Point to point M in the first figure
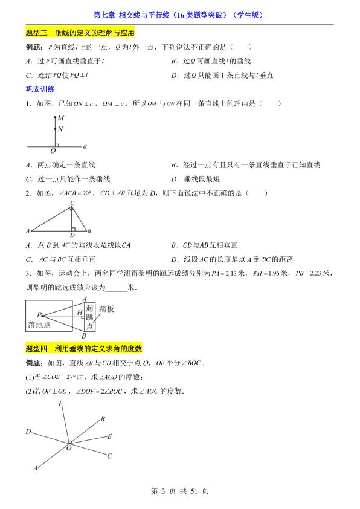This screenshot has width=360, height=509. [60, 119]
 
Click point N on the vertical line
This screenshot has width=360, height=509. [60, 128]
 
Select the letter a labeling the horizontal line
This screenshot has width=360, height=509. [85, 146]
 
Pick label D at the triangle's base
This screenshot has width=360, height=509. [72, 235]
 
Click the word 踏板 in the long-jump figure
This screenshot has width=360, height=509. [106, 309]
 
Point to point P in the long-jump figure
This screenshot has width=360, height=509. [38, 314]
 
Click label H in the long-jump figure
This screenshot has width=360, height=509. [80, 312]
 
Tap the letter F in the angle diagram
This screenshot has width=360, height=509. [60, 403]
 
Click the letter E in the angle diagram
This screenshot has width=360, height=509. [109, 436]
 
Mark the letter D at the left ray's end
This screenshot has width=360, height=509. [28, 432]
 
